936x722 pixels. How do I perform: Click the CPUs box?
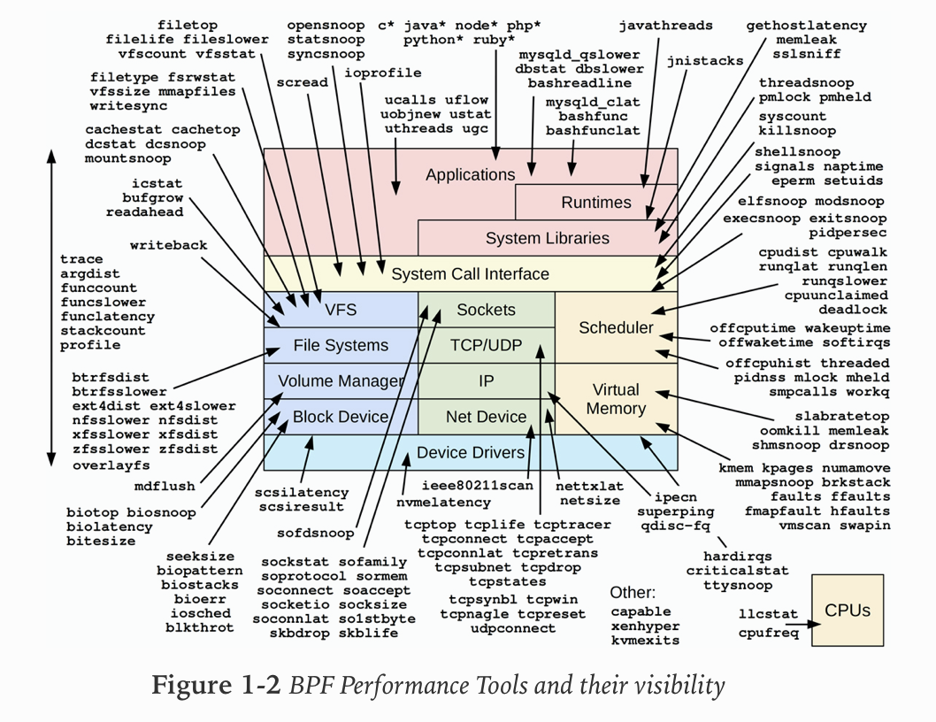pos(847,611)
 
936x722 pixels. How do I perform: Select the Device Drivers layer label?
pos(471,452)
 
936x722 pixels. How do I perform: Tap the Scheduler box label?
pos(616,327)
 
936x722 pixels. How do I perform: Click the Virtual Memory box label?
pos(616,399)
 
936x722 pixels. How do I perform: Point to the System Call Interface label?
pos(470,273)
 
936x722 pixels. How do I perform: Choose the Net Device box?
pos(486,417)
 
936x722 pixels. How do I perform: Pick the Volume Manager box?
pos(341,381)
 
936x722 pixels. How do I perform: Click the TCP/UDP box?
pos(486,345)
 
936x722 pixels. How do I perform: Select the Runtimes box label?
pos(596,203)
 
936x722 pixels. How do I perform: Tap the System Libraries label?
pos(547,238)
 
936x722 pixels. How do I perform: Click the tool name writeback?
pos(168,245)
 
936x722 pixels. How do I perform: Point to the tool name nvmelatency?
pos(442,503)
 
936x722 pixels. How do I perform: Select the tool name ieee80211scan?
pos(477,485)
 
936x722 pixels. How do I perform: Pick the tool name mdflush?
pos(165,485)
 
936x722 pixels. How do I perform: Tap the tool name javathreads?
pos(653,26)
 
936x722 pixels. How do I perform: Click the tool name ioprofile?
pos(382,73)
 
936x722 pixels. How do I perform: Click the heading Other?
pos(633,592)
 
